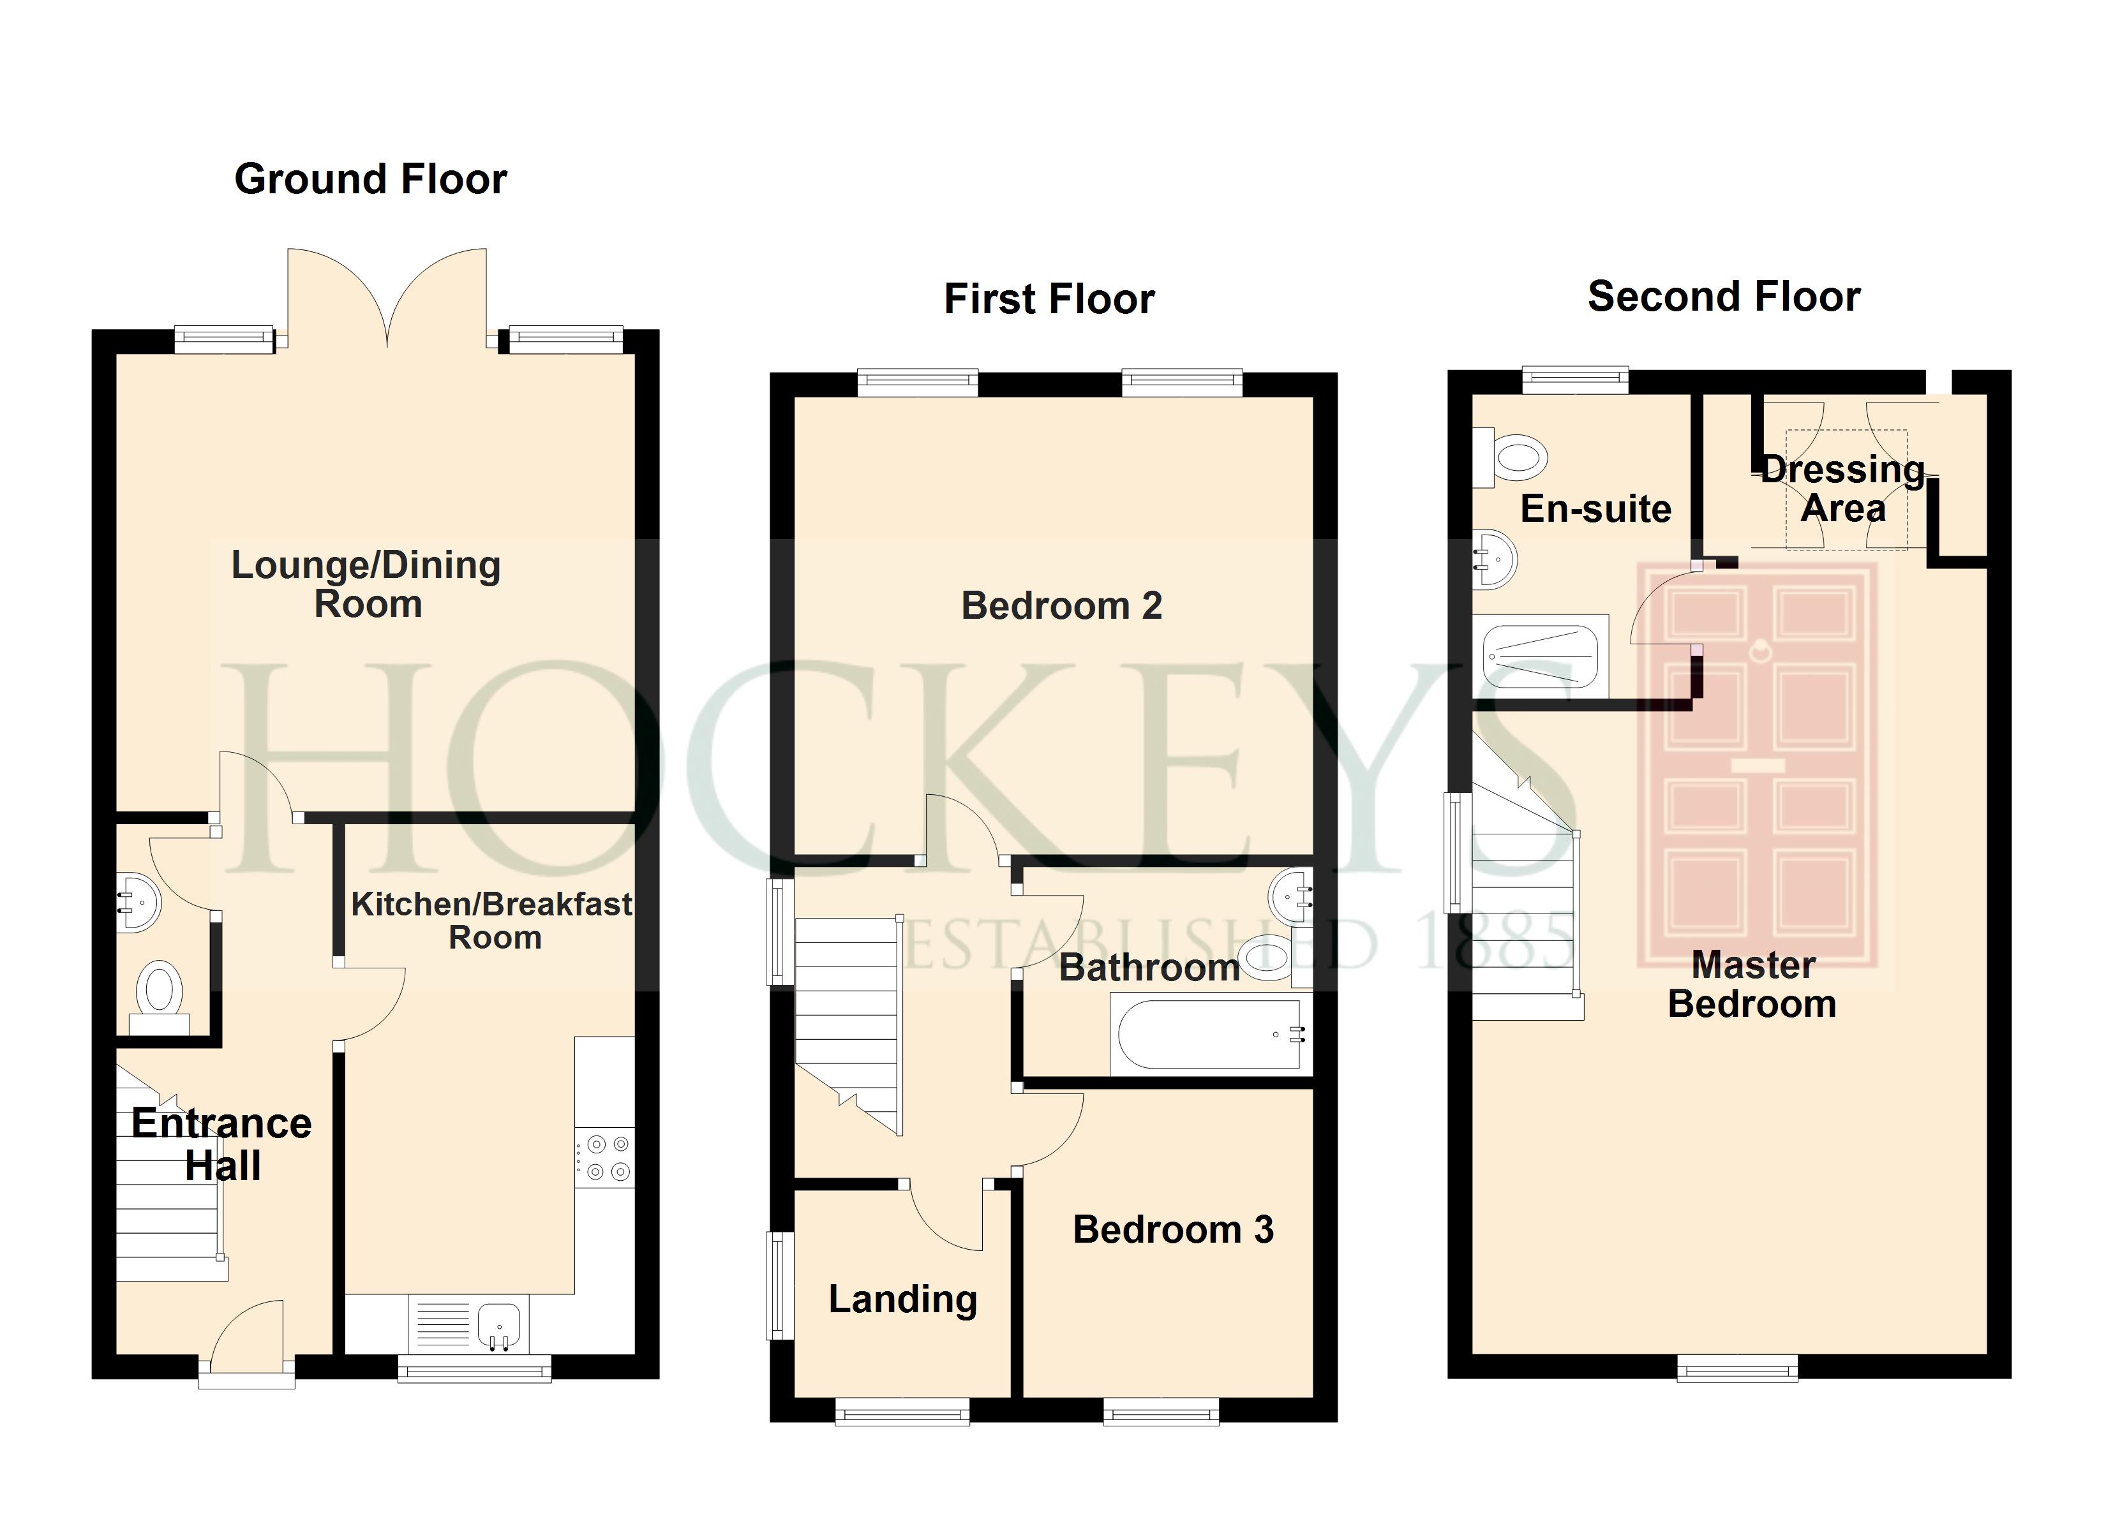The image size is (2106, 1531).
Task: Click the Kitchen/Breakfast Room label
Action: pos(492,920)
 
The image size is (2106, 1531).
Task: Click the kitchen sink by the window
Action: pos(498,1322)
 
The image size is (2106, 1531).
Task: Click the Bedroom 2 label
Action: pos(1061,605)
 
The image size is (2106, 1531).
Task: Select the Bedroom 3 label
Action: pos(1173,1229)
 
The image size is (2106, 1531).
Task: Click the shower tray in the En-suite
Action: pos(1539,656)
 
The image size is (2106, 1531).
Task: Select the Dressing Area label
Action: pos(1843,489)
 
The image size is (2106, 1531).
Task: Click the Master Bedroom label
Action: pos(1752,984)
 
